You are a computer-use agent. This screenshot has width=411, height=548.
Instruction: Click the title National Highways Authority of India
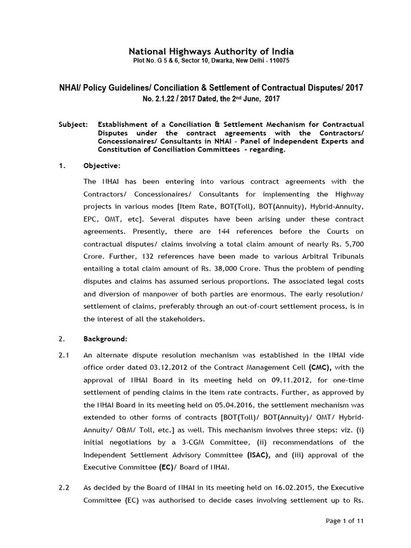click(x=211, y=51)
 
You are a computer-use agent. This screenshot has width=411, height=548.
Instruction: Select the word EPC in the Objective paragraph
click(x=92, y=218)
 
